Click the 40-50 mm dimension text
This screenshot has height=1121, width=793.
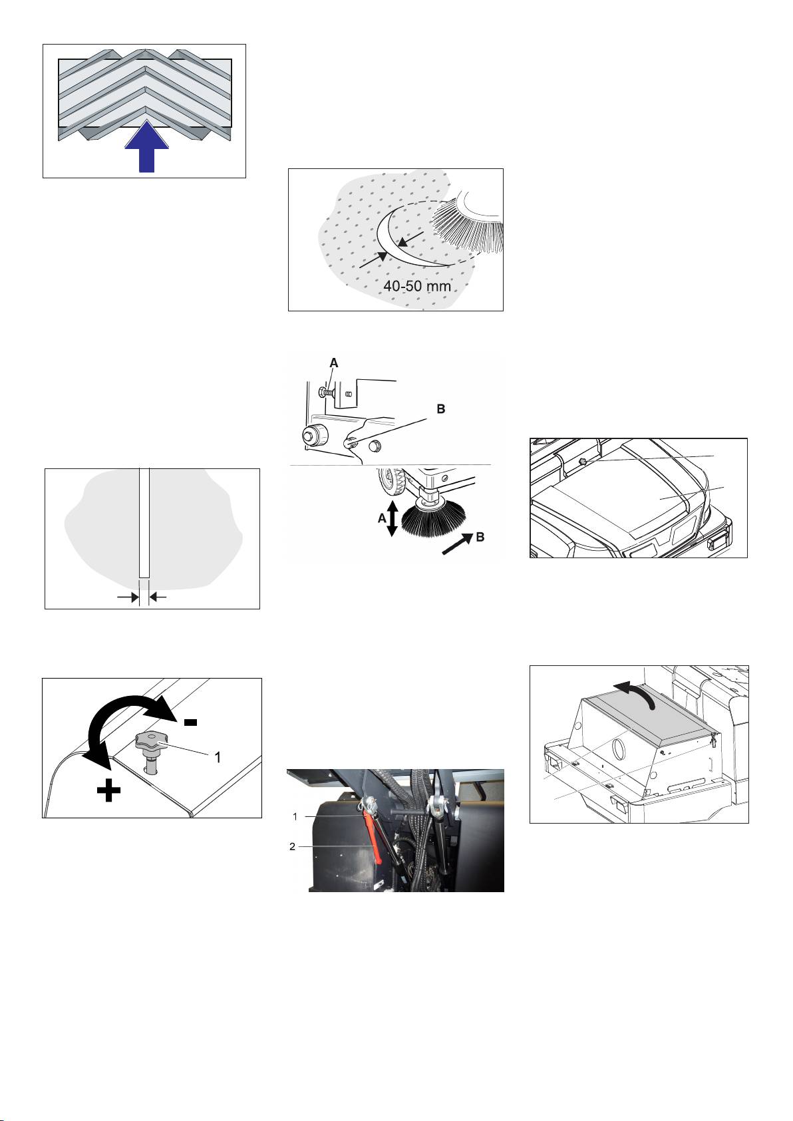(x=416, y=286)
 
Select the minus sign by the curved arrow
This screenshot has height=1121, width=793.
(x=191, y=722)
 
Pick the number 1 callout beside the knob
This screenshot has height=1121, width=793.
(x=218, y=758)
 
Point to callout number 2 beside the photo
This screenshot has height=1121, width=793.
(x=292, y=847)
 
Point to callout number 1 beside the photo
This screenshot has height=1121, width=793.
(x=295, y=817)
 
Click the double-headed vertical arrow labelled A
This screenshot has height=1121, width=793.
(x=393, y=518)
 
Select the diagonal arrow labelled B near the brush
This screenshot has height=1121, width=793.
(x=457, y=544)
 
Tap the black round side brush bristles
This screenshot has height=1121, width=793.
(x=434, y=521)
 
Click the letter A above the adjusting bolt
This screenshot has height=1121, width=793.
(x=334, y=363)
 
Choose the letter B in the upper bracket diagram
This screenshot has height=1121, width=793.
(x=441, y=409)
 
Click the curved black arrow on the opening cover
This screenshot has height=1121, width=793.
(x=636, y=691)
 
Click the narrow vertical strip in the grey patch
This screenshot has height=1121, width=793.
(x=144, y=522)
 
